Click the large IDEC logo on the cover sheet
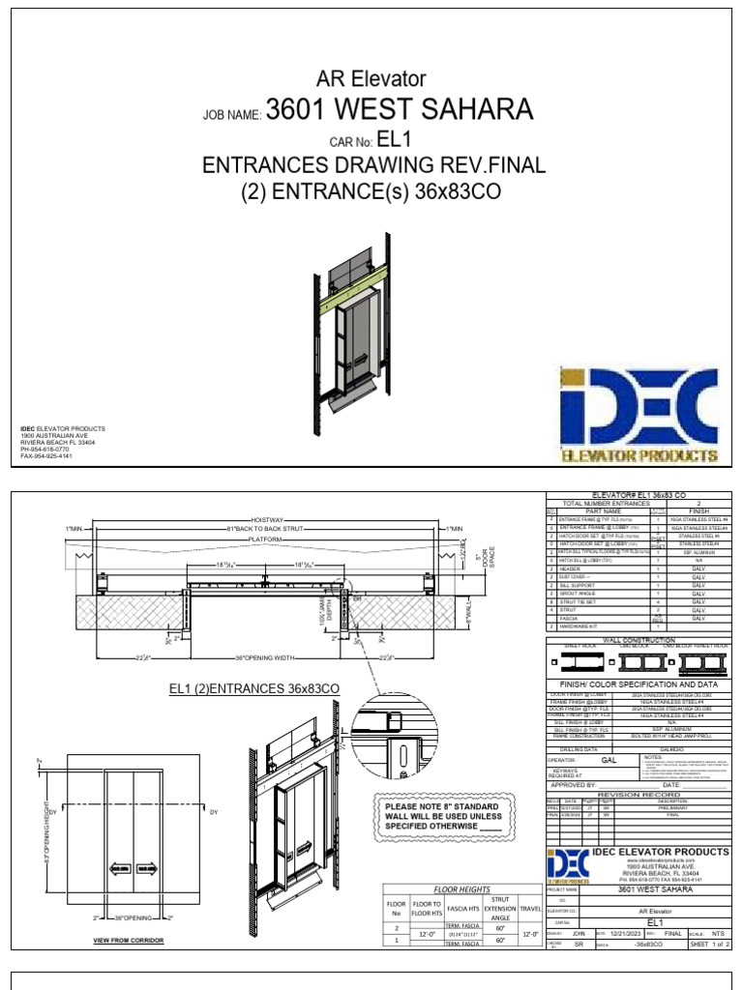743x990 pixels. pyautogui.click(x=639, y=414)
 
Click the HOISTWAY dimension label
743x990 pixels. pyautogui.click(x=270, y=519)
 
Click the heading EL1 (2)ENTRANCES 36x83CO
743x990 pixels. pyautogui.click(x=254, y=688)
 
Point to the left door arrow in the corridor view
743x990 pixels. pyautogui.click(x=121, y=869)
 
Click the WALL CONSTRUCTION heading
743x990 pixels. pyautogui.click(x=639, y=640)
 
